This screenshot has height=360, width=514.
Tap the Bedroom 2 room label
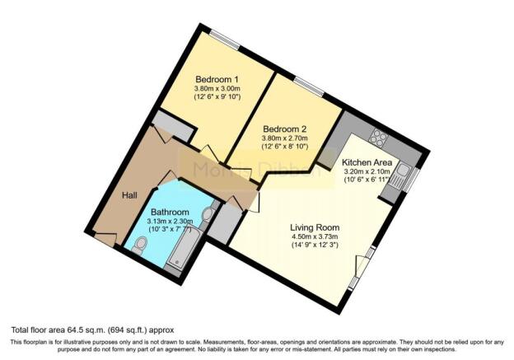tap(284, 129)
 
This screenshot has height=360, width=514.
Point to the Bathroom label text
tap(169, 211)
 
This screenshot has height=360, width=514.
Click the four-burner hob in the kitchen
tap(381, 137)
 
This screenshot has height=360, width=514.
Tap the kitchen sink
tap(404, 174)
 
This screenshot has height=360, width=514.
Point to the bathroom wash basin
tap(207, 215)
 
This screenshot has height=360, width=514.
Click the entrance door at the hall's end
tap(105, 240)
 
